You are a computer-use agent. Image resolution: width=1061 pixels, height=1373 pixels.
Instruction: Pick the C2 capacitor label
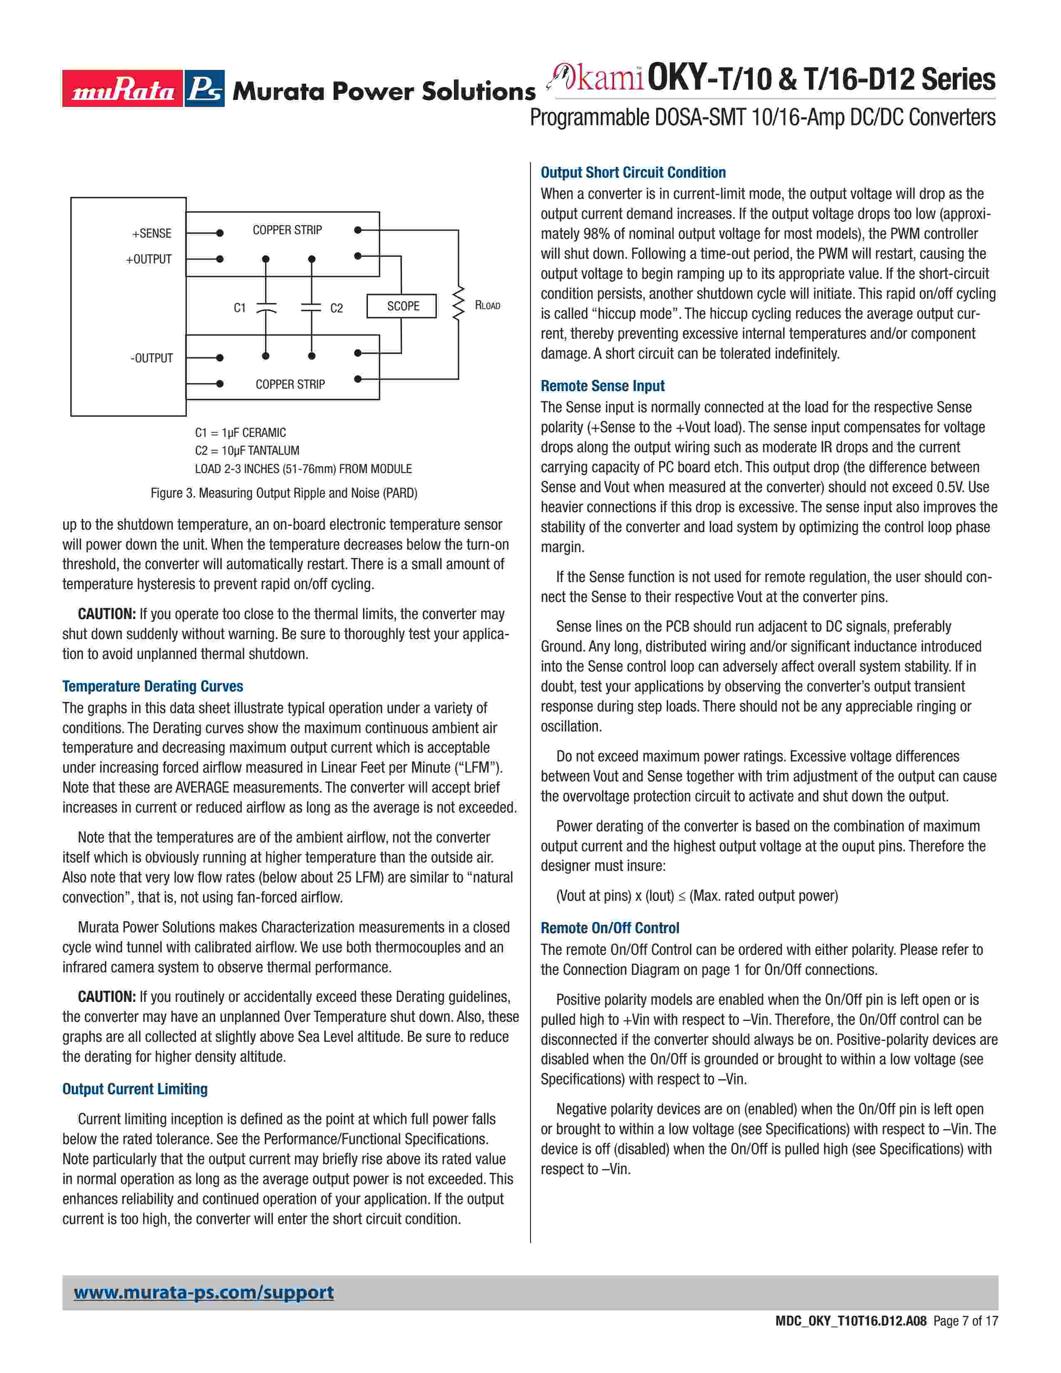pyautogui.click(x=337, y=308)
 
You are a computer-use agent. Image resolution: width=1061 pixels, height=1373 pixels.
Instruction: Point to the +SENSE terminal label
pyautogui.click(x=151, y=233)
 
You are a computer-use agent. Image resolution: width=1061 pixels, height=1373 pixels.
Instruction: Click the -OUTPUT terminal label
pyautogui.click(x=151, y=358)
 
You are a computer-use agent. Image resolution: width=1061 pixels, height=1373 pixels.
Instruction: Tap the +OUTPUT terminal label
pyautogui.click(x=149, y=259)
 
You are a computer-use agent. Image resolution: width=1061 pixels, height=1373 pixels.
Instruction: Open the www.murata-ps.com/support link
pyautogui.click(x=203, y=1293)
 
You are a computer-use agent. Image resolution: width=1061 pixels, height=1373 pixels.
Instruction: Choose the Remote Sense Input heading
pyautogui.click(x=602, y=386)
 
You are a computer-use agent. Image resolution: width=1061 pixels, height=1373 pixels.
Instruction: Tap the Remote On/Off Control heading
pyautogui.click(x=610, y=928)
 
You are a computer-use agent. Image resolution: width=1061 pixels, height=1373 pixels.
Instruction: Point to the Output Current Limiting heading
pyautogui.click(x=134, y=1089)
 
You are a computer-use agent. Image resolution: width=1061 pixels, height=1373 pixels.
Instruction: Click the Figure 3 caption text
pyautogui.click(x=283, y=493)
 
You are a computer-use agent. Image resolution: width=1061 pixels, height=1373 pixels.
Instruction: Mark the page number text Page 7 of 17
pyautogui.click(x=965, y=1338)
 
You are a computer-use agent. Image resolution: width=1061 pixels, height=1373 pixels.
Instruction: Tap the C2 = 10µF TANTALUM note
pyautogui.click(x=247, y=451)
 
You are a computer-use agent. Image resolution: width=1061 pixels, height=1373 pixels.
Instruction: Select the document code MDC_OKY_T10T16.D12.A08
pyautogui.click(x=851, y=1338)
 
